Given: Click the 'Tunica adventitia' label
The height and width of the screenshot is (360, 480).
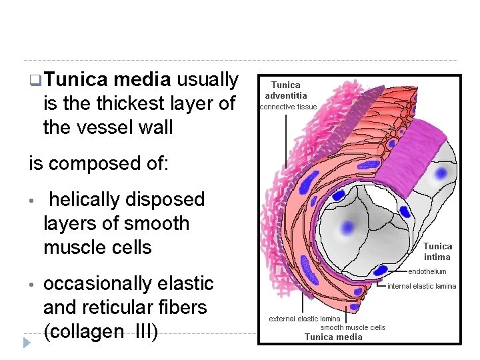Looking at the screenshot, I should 286,90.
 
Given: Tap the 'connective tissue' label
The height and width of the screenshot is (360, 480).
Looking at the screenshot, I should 288,107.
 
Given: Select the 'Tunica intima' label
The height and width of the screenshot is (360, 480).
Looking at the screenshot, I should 437,251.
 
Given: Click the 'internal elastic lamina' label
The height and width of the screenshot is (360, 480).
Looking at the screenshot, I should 422,286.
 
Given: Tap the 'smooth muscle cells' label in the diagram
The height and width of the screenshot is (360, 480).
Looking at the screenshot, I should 353,327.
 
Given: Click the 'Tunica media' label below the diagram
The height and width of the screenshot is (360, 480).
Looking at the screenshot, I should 333,337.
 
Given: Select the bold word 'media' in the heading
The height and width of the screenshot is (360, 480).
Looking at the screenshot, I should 141,80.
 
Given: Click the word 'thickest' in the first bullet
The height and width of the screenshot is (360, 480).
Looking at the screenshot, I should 132,103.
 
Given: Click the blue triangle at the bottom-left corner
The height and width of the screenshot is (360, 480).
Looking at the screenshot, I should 27,343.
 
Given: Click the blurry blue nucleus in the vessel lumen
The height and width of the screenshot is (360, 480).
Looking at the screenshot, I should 346,227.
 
